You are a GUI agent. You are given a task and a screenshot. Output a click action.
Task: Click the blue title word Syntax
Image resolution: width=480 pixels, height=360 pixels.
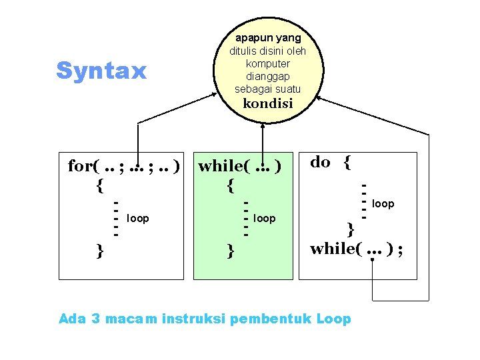point(101,71)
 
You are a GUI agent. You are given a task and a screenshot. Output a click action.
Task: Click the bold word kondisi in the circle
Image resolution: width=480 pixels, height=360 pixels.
point(267,103)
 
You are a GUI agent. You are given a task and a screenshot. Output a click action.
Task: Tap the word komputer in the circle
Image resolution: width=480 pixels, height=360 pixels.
point(267,63)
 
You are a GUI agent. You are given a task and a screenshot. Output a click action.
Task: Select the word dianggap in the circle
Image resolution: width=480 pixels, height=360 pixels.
point(267,76)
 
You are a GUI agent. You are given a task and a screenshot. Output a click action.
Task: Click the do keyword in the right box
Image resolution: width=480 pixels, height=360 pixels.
point(321,162)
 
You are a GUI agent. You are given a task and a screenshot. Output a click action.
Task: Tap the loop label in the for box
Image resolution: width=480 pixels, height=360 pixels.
point(138,218)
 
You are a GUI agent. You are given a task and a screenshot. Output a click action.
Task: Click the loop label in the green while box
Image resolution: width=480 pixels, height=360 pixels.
point(265,218)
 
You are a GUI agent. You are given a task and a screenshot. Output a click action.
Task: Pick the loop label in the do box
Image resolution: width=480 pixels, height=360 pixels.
point(383,203)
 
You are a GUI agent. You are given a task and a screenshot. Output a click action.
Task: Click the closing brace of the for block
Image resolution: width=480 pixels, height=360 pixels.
point(99,251)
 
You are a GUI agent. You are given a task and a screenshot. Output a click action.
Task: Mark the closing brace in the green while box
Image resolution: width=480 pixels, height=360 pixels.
point(230,251)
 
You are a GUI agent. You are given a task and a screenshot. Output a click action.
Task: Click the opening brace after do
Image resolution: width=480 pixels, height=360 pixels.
point(347,162)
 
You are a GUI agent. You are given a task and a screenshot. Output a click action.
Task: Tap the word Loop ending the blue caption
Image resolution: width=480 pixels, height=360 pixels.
point(334,319)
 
